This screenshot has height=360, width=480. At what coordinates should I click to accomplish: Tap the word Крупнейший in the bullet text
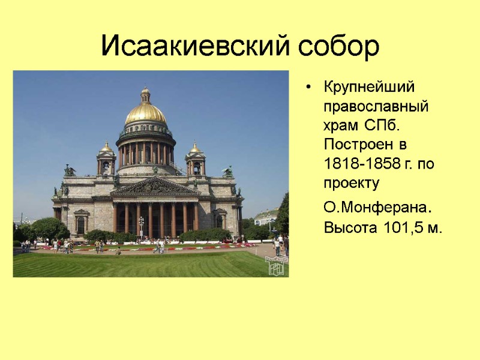[x=369, y=87]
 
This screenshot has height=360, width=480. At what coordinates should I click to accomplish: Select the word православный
[x=376, y=107]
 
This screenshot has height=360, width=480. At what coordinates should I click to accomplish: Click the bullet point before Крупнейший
[x=308, y=88]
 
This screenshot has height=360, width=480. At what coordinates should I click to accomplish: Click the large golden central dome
[x=146, y=113]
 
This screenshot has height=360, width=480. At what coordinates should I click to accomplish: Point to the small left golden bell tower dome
[x=106, y=147]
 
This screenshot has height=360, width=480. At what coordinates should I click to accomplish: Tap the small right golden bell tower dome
[x=195, y=148]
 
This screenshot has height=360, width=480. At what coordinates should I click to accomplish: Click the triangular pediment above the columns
[x=155, y=187]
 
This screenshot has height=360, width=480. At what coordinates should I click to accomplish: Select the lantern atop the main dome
[x=145, y=94]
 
